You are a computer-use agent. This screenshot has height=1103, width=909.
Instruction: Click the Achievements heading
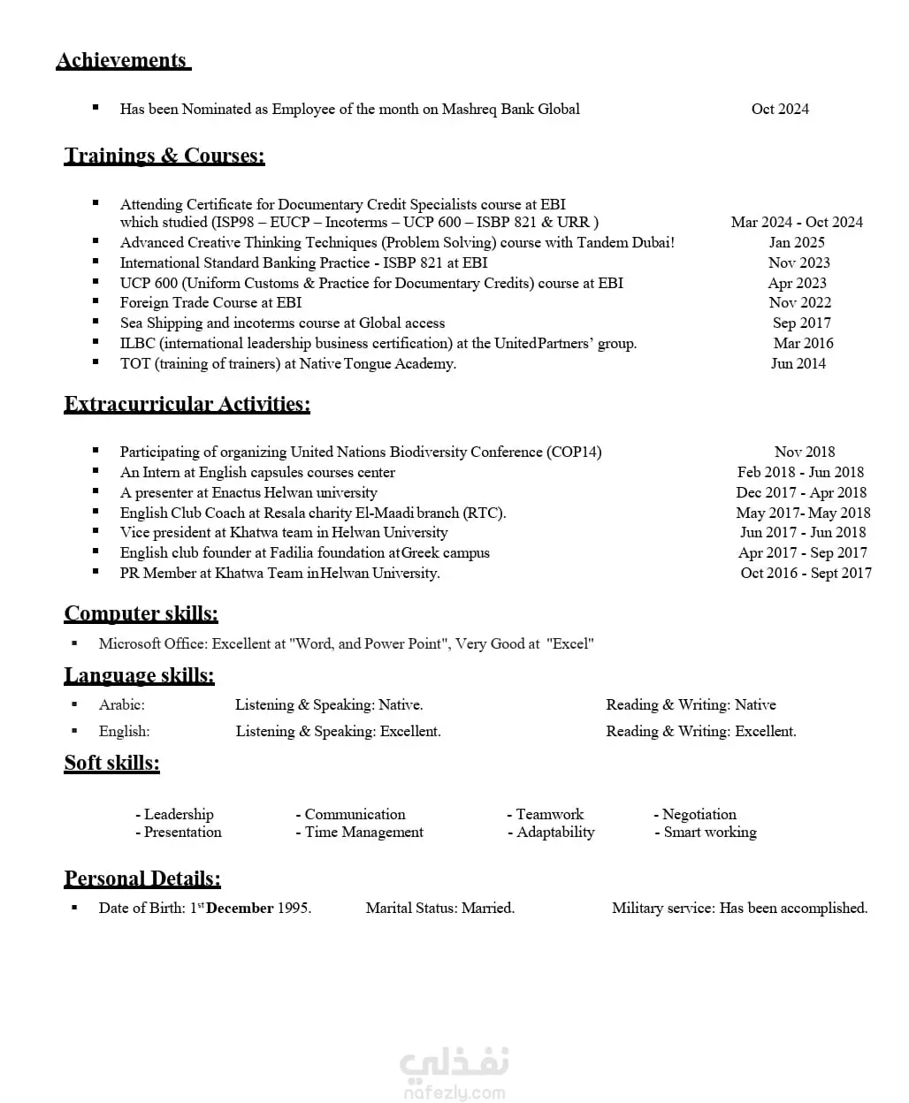point(122,60)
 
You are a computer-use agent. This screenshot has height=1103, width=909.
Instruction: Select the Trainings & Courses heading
point(164,156)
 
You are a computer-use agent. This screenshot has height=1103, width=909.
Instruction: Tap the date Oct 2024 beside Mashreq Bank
point(780,109)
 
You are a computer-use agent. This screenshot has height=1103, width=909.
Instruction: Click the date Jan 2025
point(797,242)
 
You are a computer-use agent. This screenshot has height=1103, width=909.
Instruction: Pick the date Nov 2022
point(799,302)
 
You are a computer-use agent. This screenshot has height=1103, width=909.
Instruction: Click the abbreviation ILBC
point(138,343)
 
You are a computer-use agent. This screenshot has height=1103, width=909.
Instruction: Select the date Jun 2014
point(798,363)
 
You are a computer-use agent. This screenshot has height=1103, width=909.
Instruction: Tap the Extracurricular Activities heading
point(187,404)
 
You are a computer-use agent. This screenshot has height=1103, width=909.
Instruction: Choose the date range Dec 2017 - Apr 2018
point(801,492)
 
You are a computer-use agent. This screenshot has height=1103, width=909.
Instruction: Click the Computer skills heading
point(141,613)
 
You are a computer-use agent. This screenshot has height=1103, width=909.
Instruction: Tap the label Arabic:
point(122,704)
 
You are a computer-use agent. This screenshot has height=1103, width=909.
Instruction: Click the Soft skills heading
point(112,763)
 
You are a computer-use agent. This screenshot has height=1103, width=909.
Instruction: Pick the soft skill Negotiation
point(699,814)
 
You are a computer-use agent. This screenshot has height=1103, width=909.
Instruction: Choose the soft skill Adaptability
point(555,832)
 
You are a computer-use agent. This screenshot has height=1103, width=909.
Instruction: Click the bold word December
point(240,908)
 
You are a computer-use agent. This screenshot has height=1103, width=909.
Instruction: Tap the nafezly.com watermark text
point(454,1093)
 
